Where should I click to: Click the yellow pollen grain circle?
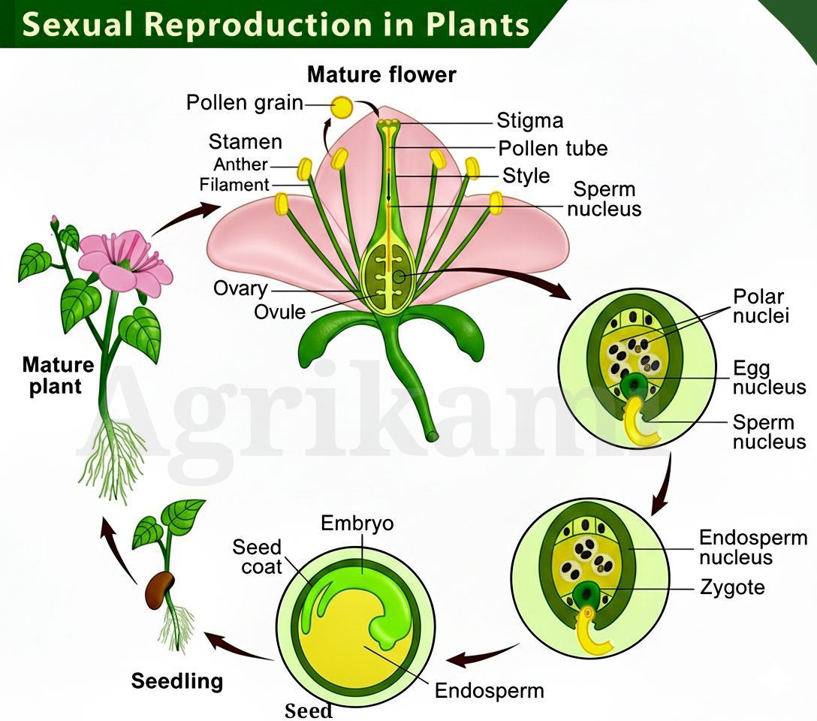click(342, 107)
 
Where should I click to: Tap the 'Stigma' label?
click(530, 120)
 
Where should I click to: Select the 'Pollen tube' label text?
click(553, 149)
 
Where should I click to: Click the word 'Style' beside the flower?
click(526, 176)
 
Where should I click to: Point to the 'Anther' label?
click(240, 164)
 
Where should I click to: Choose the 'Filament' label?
click(234, 185)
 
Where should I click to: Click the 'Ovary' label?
click(240, 288)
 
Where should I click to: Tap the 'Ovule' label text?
click(280, 312)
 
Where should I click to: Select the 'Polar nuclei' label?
click(761, 306)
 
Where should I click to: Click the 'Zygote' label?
click(732, 587)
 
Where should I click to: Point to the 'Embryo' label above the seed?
click(357, 523)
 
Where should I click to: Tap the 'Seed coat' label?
click(257, 557)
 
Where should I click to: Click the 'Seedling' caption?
click(177, 681)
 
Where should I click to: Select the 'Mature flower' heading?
click(381, 74)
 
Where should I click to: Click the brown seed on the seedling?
click(159, 590)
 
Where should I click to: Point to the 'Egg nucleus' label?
click(769, 378)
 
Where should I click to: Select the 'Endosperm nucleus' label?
click(753, 547)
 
